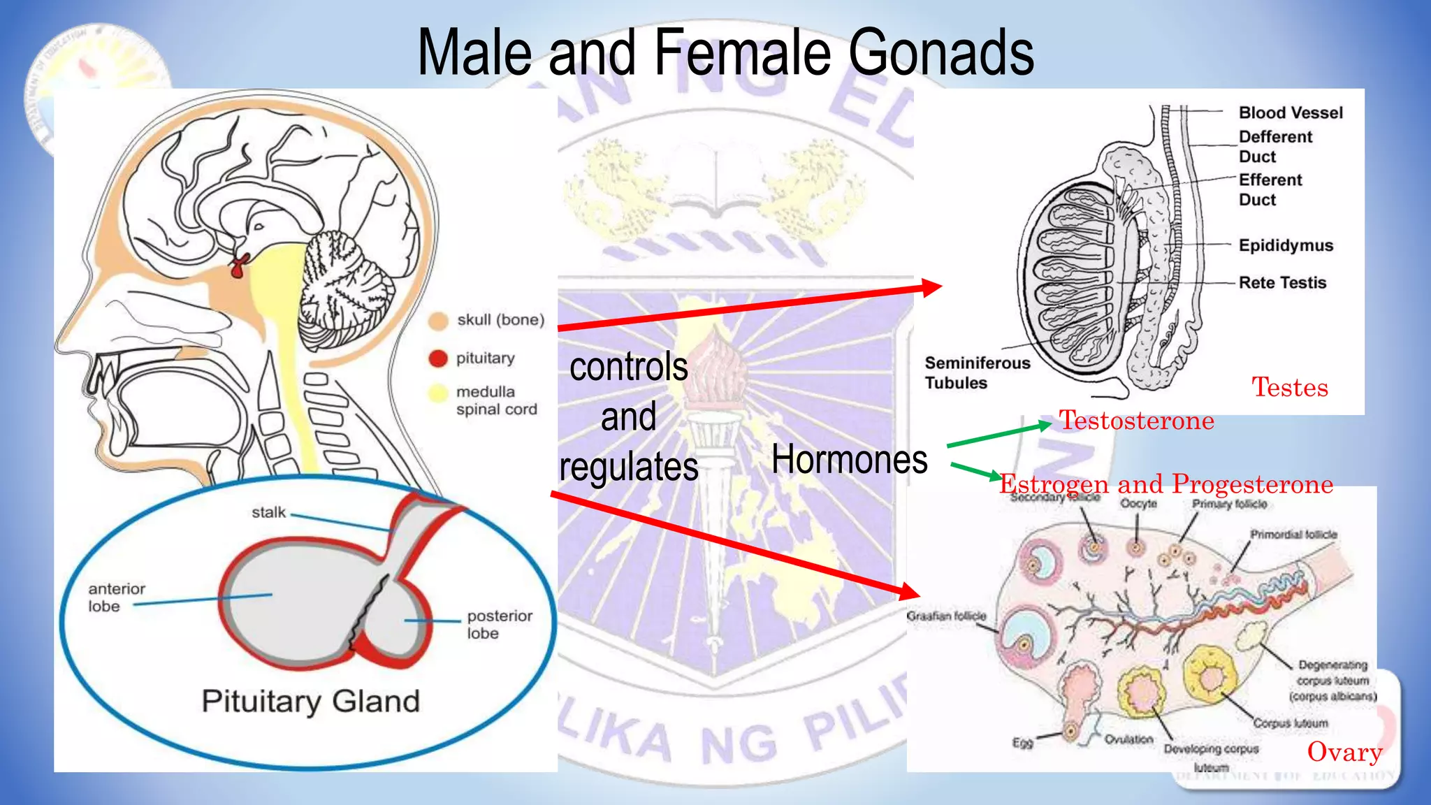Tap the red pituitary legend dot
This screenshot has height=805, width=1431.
point(438,358)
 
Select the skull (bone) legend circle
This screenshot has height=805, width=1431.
point(438,321)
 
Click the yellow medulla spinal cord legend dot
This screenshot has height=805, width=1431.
point(438,393)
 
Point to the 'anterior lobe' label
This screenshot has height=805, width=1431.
point(116,597)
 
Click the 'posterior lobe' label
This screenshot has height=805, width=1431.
point(499,624)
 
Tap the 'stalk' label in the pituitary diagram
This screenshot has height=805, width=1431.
point(268,512)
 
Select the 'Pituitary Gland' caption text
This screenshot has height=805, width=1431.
point(311,701)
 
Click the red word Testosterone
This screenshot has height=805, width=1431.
point(1136,421)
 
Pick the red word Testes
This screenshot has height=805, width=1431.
point(1289,387)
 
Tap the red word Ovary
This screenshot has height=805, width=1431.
point(1344,752)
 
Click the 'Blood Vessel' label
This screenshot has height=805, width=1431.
point(1291,113)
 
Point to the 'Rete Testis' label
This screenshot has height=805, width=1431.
point(1282,282)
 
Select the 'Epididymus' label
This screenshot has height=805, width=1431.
point(1286,245)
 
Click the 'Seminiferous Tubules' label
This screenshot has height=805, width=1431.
point(977,372)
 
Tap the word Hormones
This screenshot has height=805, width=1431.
point(849,460)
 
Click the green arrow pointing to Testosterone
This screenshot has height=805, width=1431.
point(999,435)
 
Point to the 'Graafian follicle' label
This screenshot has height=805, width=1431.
point(946,616)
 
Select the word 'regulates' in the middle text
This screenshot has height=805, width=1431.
point(628,467)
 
